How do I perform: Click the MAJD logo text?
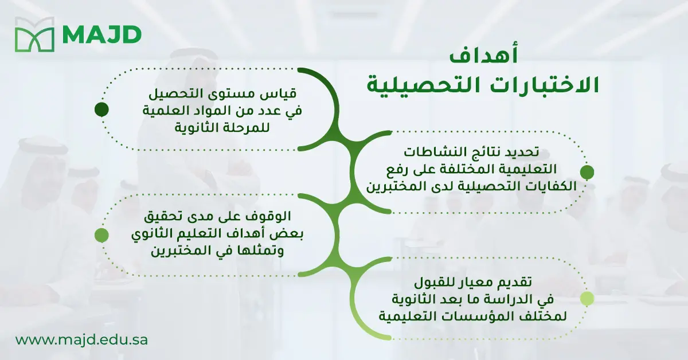click(x=102, y=35)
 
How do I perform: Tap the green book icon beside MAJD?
click(x=34, y=35)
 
